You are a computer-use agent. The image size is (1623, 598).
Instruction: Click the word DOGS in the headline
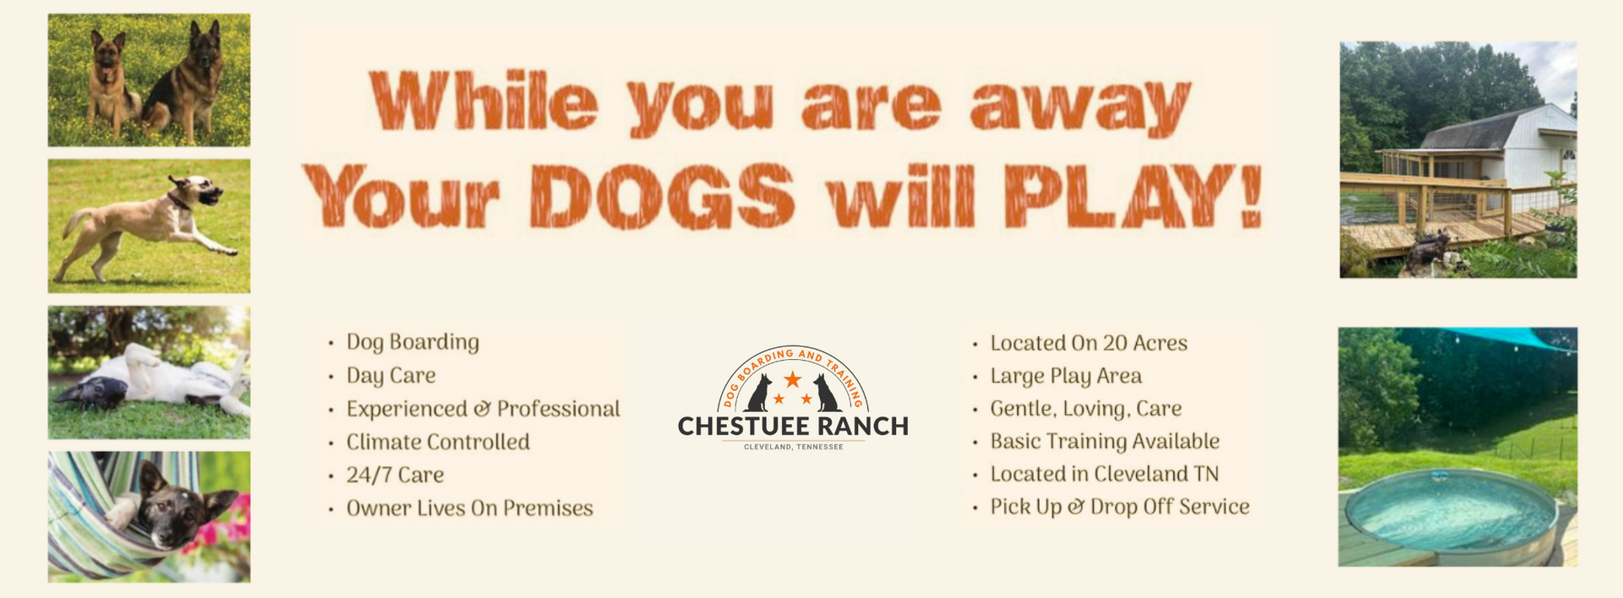click(x=662, y=196)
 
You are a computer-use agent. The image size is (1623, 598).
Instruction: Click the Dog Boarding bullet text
click(x=413, y=342)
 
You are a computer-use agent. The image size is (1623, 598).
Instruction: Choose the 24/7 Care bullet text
click(x=395, y=475)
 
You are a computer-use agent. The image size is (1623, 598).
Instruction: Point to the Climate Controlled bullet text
click(x=438, y=442)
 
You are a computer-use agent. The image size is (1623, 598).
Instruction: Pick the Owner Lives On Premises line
click(x=469, y=508)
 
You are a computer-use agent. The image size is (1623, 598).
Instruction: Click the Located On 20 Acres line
click(x=1089, y=343)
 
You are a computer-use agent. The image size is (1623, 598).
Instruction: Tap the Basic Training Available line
click(x=1105, y=442)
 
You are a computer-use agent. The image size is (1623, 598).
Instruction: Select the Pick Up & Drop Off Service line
click(x=1119, y=507)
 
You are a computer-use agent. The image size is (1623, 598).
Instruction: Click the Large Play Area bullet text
click(x=1066, y=376)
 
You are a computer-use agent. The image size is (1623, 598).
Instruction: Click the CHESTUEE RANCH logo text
click(x=793, y=427)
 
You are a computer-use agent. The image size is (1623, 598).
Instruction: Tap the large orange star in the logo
click(x=792, y=379)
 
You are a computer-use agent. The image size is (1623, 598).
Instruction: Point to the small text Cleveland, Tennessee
click(x=793, y=447)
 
